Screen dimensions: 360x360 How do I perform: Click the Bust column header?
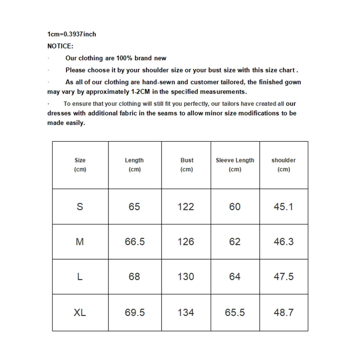(x=187, y=165)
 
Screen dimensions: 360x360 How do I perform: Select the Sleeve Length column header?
(x=235, y=165)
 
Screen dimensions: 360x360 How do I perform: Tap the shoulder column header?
(x=283, y=165)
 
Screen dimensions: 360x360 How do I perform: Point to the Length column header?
(x=134, y=165)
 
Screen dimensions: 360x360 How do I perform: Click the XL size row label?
(x=80, y=312)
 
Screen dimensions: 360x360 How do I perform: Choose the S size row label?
(x=80, y=207)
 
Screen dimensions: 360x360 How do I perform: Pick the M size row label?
(x=80, y=242)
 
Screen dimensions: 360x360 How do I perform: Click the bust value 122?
(x=186, y=207)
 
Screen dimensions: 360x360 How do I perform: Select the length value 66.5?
(x=135, y=242)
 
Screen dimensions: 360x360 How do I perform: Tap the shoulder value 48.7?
(x=283, y=312)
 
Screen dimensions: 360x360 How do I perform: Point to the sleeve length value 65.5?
(x=235, y=312)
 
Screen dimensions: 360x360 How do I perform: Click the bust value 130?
(x=186, y=277)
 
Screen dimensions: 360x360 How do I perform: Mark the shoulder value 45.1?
(x=283, y=207)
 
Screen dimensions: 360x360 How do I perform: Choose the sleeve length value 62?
(x=235, y=242)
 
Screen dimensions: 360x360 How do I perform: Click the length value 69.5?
(x=135, y=312)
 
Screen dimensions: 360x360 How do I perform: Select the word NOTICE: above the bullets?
(x=60, y=46)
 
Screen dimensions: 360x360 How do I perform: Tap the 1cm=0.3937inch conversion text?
(x=72, y=34)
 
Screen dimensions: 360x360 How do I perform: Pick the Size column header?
(x=80, y=165)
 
